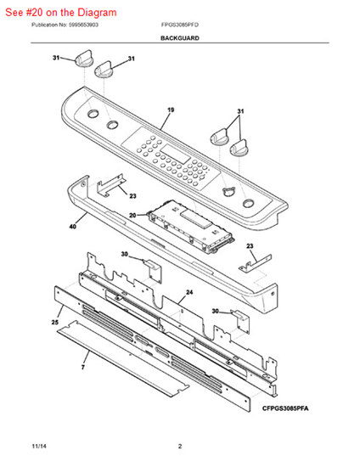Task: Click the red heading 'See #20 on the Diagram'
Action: (x=61, y=13)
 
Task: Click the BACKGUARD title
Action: (x=180, y=38)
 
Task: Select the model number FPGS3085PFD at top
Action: (x=180, y=25)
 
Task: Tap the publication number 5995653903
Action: (x=83, y=25)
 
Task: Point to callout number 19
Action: (x=171, y=110)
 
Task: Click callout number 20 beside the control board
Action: (x=132, y=215)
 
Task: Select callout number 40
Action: (x=73, y=227)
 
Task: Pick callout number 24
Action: (x=189, y=292)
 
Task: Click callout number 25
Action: (x=55, y=323)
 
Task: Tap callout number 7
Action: (x=83, y=367)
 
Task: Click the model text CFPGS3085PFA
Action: (x=285, y=408)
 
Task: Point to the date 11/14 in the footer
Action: (x=39, y=446)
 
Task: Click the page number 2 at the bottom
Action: (x=180, y=446)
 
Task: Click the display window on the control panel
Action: (x=177, y=154)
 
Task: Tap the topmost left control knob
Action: (x=84, y=58)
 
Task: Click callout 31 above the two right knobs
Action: (x=240, y=111)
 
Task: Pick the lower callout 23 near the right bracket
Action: (x=250, y=246)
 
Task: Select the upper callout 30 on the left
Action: (x=125, y=254)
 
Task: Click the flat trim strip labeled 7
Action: (x=122, y=358)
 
